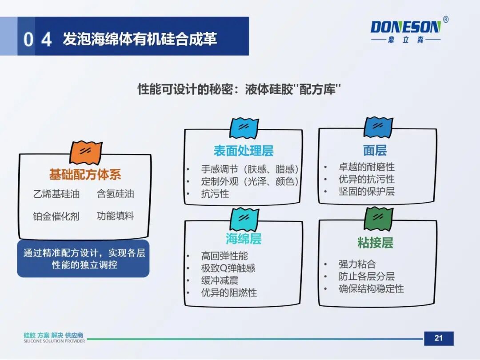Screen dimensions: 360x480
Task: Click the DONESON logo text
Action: click(405, 27)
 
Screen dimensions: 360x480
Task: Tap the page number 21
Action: click(438, 338)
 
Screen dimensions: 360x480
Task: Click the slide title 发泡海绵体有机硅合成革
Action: click(140, 39)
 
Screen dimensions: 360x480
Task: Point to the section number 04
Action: click(37, 40)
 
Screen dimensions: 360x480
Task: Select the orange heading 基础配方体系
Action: click(85, 175)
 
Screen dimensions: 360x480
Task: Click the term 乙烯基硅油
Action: click(56, 194)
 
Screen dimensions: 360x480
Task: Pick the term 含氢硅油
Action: click(116, 194)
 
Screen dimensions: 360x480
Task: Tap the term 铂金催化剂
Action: click(56, 216)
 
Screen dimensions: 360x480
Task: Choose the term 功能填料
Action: click(116, 216)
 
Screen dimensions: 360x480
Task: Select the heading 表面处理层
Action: click(243, 151)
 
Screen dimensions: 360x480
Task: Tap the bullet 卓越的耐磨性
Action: click(367, 167)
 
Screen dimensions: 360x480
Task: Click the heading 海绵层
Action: click(243, 239)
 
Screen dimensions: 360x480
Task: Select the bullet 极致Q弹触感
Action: click(228, 268)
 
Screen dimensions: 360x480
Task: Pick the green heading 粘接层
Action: click(375, 243)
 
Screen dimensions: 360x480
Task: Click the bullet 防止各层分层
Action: click(367, 276)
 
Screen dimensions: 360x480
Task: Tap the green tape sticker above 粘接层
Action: click(378, 218)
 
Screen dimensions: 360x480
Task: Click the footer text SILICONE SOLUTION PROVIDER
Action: click(54, 341)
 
